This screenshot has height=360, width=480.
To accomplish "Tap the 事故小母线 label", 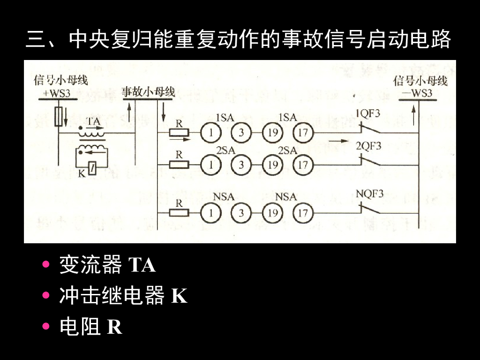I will click(148, 91).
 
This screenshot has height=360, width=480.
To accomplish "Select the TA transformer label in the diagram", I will click(93, 121).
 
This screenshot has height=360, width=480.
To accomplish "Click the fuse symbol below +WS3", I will click(59, 116).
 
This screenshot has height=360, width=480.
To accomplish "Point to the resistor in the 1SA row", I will click(179, 133).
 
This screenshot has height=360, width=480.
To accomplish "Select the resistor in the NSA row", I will click(179, 213).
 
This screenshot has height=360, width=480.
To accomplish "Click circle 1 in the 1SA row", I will click(211, 133).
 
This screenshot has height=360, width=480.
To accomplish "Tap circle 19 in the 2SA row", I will click(272, 165).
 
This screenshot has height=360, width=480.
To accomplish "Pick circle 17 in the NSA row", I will click(303, 213).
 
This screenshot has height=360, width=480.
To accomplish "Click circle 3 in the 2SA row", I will click(241, 165).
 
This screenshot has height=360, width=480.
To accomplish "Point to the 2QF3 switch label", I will click(368, 146).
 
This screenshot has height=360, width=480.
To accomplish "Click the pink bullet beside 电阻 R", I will click(45, 327).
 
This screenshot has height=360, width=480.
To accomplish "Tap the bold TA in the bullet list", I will click(142, 265).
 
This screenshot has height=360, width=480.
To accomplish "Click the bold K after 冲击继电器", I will click(179, 296).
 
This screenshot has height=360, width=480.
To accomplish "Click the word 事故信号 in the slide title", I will click(303, 40).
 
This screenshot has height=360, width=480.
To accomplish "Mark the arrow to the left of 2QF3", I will click(339, 140).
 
